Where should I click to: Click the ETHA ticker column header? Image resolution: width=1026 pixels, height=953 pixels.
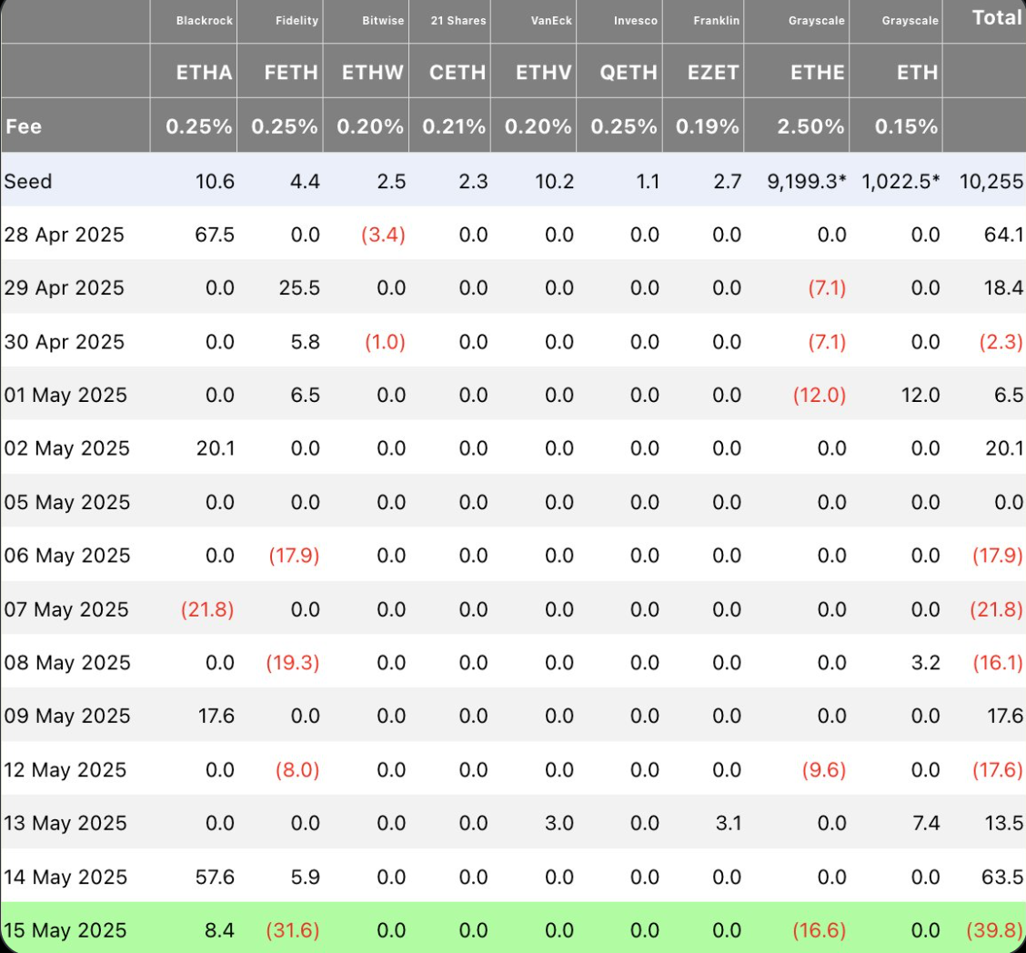pyautogui.click(x=204, y=72)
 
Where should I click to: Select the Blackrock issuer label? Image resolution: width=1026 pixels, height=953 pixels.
pyautogui.click(x=204, y=21)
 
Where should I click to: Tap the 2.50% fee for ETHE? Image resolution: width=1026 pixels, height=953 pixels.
pyautogui.click(x=810, y=126)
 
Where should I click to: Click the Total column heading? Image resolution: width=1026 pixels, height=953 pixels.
pyautogui.click(x=997, y=17)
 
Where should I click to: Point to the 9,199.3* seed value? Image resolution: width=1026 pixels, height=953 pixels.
pyautogui.click(x=807, y=181)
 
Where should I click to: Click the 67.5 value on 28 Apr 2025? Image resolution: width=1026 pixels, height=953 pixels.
pyautogui.click(x=215, y=235)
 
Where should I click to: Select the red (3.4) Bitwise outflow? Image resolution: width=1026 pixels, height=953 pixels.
pyautogui.click(x=384, y=235)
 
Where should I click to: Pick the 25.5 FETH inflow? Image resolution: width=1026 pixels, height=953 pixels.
pyautogui.click(x=299, y=287)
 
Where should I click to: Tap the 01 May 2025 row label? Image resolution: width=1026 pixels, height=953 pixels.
pyautogui.click(x=65, y=395)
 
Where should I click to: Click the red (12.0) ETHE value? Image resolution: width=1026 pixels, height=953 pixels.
pyautogui.click(x=820, y=395)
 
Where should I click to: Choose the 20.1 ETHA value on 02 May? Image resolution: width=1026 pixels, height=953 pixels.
pyautogui.click(x=216, y=448)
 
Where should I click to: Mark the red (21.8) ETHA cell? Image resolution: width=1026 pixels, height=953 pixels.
pyautogui.click(x=207, y=609)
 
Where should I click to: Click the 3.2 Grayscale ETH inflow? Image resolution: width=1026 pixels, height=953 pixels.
pyautogui.click(x=925, y=663)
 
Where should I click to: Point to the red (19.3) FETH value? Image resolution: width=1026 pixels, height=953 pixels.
pyautogui.click(x=293, y=663)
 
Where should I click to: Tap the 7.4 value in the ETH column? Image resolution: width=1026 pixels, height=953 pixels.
pyautogui.click(x=926, y=823)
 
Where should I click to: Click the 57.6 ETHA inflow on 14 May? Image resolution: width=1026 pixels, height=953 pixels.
pyautogui.click(x=215, y=877)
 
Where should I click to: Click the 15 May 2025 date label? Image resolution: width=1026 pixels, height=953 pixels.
pyautogui.click(x=65, y=930)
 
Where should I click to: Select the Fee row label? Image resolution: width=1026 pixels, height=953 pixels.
pyautogui.click(x=24, y=126)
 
